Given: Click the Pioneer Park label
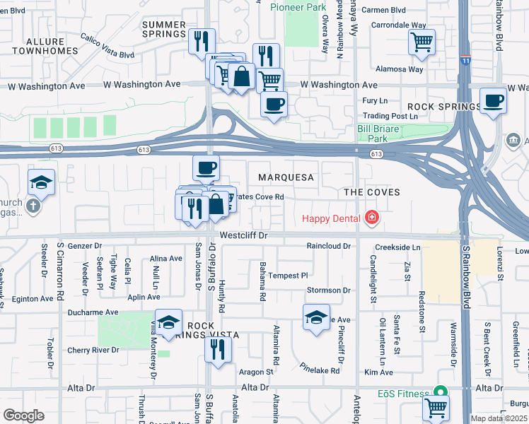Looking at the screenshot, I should click(299, 7).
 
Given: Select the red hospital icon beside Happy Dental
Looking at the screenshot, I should click(371, 218).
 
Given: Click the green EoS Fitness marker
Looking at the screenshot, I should click(440, 393).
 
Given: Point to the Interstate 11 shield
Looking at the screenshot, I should click(465, 61).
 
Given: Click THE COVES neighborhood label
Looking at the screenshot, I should click(371, 192).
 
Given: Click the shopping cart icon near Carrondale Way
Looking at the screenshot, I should click(422, 42).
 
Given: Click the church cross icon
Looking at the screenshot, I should click(33, 206).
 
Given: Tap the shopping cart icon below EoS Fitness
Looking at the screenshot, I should click(436, 407).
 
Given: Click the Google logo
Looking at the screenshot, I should click(23, 416).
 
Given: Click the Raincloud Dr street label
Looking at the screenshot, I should click(328, 246).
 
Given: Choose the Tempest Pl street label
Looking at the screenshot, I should click(288, 276).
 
